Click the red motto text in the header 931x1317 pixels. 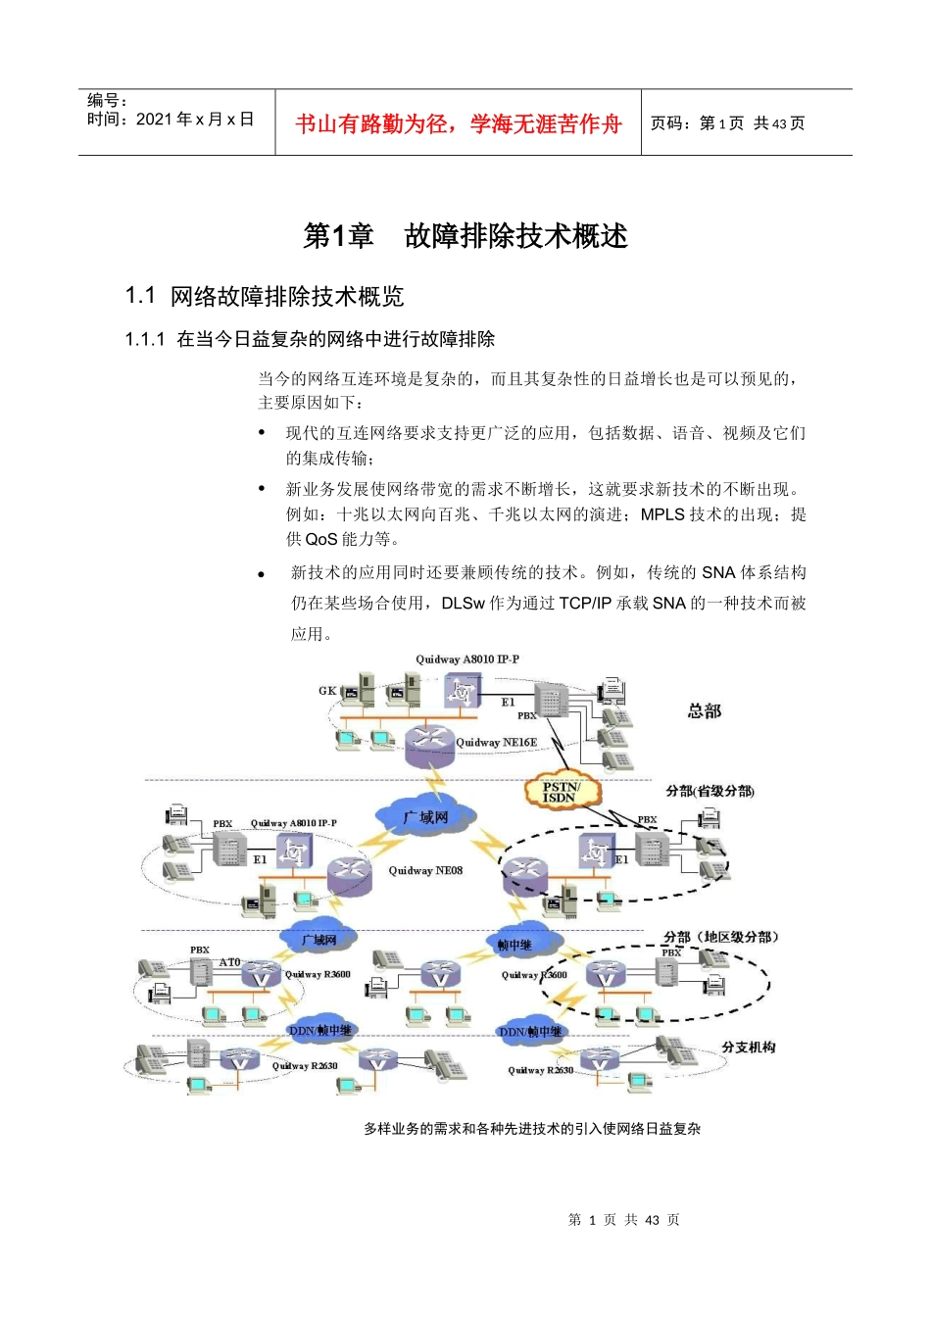(x=458, y=124)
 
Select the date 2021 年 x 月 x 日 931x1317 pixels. (x=194, y=120)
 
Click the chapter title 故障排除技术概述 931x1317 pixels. (x=515, y=236)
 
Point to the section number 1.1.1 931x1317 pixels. (x=145, y=339)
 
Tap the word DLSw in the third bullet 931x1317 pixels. (x=463, y=604)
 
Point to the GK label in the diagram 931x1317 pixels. (x=327, y=691)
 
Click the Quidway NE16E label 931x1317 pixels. (x=497, y=743)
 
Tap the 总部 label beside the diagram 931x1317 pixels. (x=705, y=710)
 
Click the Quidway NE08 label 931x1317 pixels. (x=425, y=870)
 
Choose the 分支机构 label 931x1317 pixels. (x=749, y=1048)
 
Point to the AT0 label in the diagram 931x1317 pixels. (x=229, y=962)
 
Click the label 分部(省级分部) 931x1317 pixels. (x=710, y=791)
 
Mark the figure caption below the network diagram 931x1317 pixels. (x=532, y=1129)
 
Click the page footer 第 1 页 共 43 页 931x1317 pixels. (x=623, y=1220)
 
